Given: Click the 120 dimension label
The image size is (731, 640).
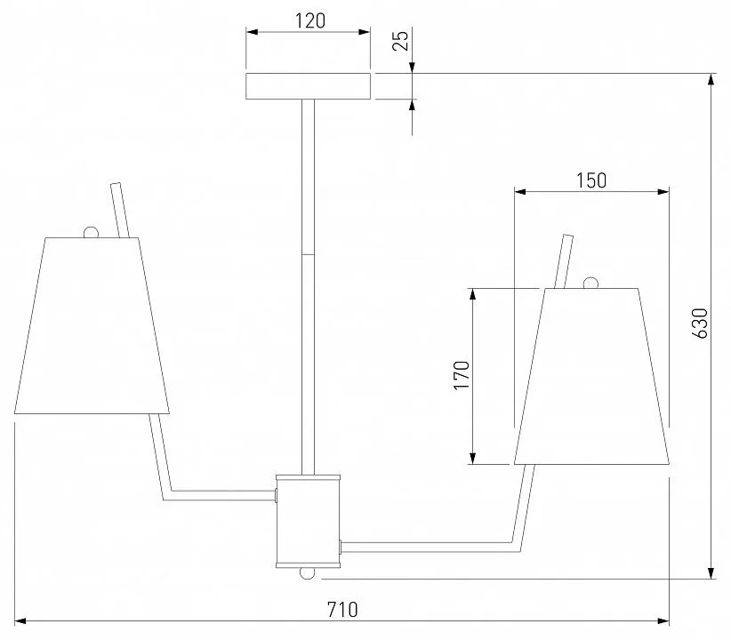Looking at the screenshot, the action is [x=310, y=20].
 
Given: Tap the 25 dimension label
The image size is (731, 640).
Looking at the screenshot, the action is [x=400, y=40].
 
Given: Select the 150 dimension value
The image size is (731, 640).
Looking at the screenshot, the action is [x=591, y=180].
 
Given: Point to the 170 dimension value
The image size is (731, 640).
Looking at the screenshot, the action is [x=462, y=375].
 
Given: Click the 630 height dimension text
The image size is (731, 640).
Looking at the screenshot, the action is [x=700, y=323].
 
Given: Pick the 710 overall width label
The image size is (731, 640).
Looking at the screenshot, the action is [x=342, y=610].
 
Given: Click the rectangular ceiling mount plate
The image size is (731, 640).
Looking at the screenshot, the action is [x=309, y=86].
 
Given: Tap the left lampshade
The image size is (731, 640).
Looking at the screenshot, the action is [x=92, y=325].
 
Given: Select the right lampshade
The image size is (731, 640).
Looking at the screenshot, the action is [x=591, y=376].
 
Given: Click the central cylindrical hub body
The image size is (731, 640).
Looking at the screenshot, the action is [x=309, y=521].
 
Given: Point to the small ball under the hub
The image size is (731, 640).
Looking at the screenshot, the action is [x=307, y=572].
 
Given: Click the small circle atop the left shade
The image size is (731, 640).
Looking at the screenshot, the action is [x=91, y=232].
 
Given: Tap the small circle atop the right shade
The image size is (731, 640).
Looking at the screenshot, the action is [x=590, y=283].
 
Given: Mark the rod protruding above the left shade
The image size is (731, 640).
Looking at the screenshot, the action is [x=120, y=211].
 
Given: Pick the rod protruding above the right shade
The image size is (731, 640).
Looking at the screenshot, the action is [x=564, y=261].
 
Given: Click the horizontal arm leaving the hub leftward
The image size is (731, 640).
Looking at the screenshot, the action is [x=219, y=495].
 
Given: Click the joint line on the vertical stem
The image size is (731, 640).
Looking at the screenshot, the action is [x=308, y=254].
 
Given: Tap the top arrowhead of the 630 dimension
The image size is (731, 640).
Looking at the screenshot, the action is [x=711, y=79].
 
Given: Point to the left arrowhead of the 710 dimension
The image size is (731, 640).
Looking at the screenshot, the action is [x=20, y=620].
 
